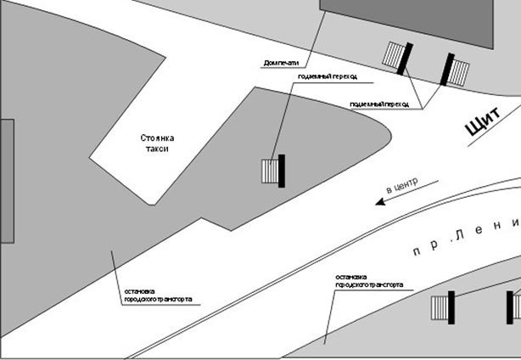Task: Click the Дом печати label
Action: [282, 63]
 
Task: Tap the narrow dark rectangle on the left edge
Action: [7, 181]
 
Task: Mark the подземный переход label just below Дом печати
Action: [328, 76]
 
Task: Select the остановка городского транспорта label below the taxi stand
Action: [157, 295]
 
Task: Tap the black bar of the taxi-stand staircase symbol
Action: [282, 171]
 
